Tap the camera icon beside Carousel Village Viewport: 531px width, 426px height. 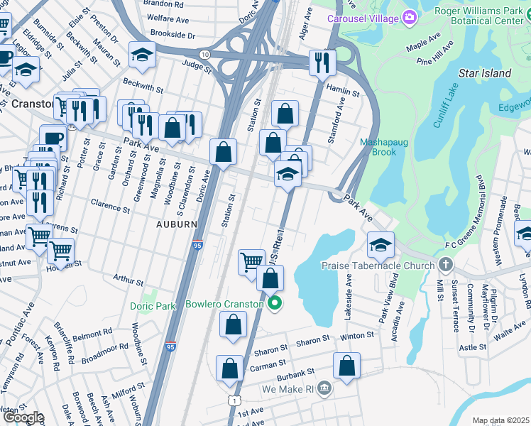(409, 17)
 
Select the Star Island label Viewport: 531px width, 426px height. (485, 73)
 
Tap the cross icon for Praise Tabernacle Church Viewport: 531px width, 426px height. (445, 266)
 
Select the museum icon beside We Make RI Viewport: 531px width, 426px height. (324, 388)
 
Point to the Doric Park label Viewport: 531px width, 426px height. (153, 307)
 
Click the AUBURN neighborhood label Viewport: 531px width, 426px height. (176, 224)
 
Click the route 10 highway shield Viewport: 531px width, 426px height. (205, 55)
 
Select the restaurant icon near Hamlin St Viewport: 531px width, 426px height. (322, 62)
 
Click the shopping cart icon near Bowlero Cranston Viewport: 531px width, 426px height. (251, 261)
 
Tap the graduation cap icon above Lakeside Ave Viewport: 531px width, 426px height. (381, 244)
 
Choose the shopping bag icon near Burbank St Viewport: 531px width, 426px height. (346, 366)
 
